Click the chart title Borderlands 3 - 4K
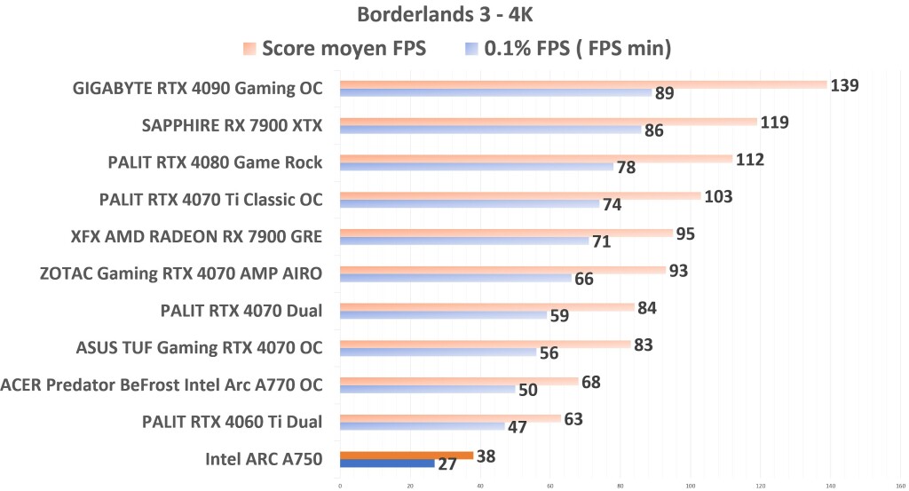click(x=454, y=15)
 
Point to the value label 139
click(x=844, y=85)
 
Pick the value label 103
click(x=718, y=196)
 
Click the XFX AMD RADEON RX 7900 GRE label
click(x=196, y=236)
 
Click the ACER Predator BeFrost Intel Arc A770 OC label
click(x=162, y=384)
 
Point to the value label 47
click(x=518, y=427)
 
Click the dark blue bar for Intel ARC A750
click(x=387, y=463)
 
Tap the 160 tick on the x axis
click(x=900, y=485)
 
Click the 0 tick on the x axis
click(x=340, y=485)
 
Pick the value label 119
click(x=775, y=123)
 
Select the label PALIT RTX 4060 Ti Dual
click(x=232, y=422)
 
